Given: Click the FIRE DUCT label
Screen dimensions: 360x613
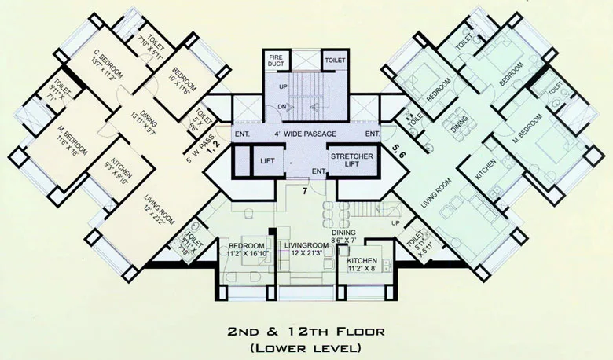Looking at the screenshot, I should pyautogui.click(x=275, y=61).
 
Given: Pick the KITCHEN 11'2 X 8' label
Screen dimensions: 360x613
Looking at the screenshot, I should pyautogui.click(x=363, y=264).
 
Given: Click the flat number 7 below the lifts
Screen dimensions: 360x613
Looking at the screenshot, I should pyautogui.click(x=306, y=190).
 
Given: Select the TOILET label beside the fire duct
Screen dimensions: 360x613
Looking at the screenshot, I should pyautogui.click(x=335, y=58).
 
